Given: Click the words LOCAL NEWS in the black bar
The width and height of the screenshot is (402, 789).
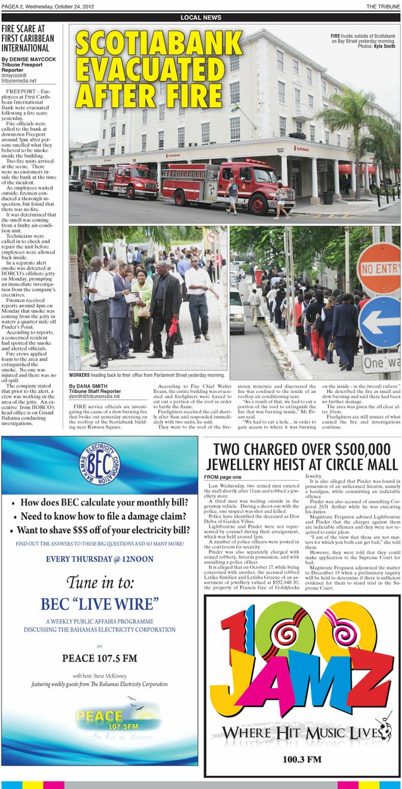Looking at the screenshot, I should point(200,18).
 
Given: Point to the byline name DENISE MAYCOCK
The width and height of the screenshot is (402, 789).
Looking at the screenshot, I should point(29,60).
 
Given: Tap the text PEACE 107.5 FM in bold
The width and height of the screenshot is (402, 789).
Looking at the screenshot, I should point(99,658).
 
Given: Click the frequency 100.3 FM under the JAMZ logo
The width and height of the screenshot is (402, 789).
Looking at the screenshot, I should point(302,760).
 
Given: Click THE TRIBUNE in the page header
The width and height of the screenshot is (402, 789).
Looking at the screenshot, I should point(383,6).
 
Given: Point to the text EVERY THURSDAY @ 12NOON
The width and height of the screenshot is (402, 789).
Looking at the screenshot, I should point(99,559).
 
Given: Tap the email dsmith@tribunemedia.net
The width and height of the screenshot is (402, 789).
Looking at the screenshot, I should point(94,397).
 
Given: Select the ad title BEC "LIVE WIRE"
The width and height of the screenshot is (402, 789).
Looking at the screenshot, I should point(99,603).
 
